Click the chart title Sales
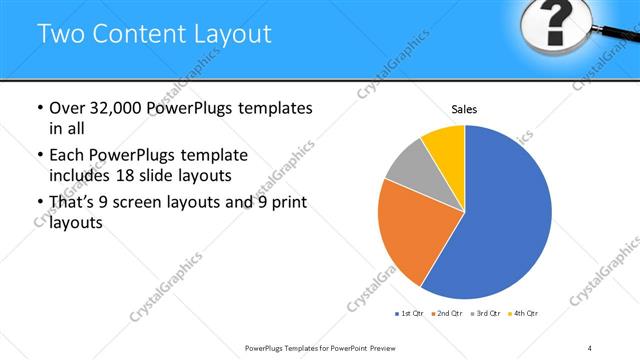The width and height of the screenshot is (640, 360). coord(464,108)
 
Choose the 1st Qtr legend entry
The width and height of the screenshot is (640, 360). coord(409,314)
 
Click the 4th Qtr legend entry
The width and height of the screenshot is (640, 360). coord(523,314)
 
